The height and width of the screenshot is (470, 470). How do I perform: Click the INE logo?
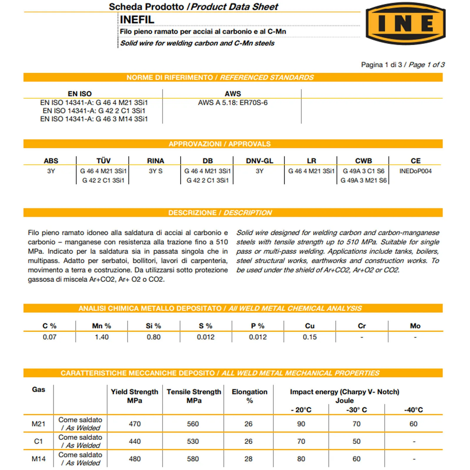pos(405,23)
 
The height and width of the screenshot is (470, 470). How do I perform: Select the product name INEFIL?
pos(137,20)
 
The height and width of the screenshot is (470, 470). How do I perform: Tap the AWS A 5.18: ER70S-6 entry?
pos(233,103)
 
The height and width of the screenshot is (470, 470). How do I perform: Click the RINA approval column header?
pos(155,161)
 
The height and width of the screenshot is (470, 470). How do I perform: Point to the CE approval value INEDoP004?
pos(415,171)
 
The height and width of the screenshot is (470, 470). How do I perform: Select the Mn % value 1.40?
pos(102,337)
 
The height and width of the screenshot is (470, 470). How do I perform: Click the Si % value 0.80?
pos(154,337)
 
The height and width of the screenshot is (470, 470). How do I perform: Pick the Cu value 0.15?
pos(310,337)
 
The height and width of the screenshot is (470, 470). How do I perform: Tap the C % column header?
pos(49,326)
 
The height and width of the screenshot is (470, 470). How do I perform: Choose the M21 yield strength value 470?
pos(135,424)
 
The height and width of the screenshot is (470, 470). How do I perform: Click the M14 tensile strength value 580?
pos(193,459)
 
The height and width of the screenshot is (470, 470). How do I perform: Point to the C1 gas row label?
pos(38,441)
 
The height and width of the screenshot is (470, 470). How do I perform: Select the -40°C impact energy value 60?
pos(413,424)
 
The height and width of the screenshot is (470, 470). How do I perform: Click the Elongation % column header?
pos(249,396)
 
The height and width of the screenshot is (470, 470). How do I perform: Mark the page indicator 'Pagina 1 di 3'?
pos(382,65)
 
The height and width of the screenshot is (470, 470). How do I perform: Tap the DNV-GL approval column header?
pos(259,161)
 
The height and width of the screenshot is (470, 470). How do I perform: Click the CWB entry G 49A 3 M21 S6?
pos(363,180)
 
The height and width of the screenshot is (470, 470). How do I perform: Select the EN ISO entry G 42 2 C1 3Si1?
pos(94,111)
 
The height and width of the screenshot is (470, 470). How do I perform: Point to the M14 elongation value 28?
pos(249,459)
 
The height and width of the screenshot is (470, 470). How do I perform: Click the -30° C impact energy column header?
pos(356,410)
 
